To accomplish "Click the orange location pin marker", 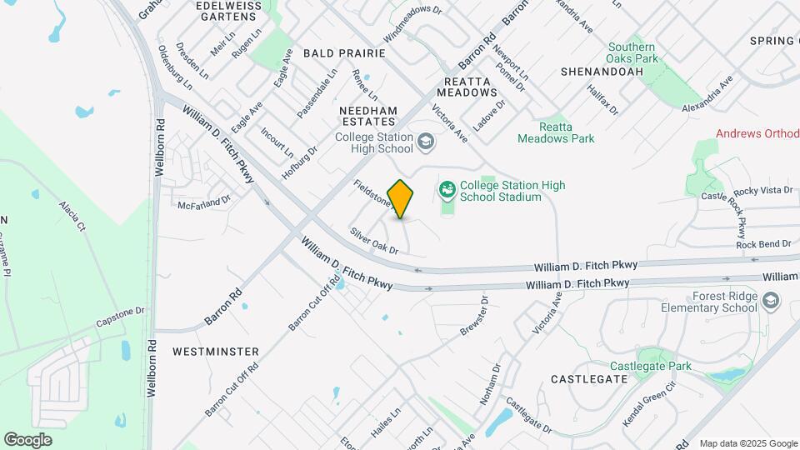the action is (401, 198).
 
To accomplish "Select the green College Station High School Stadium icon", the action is (447, 190).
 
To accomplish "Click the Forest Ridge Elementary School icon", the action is (772, 300).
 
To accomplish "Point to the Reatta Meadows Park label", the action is (556, 132).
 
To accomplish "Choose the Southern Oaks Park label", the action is (631, 52).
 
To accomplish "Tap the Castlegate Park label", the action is (651, 366).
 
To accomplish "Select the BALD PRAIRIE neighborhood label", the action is (344, 52).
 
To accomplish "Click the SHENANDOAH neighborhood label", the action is (602, 72).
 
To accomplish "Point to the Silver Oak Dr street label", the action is (374, 242).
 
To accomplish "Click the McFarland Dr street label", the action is (203, 202).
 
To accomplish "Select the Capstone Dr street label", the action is (120, 316).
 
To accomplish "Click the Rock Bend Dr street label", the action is (763, 243).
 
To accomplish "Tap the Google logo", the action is (27, 439).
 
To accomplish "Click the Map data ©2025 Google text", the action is (747, 443).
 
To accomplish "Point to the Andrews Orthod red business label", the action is (757, 133).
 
